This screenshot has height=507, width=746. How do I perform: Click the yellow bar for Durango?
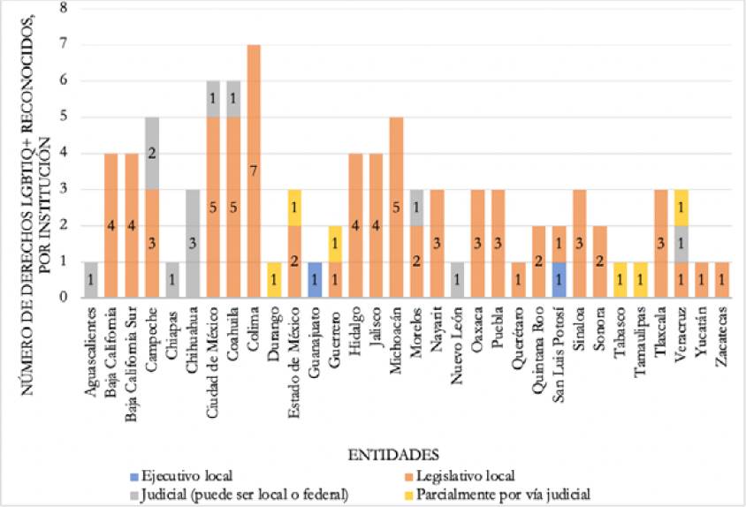274,279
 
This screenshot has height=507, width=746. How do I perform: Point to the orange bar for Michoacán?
396,207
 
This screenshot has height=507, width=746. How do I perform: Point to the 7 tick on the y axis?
65,44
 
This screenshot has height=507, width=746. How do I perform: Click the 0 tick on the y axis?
65,298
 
